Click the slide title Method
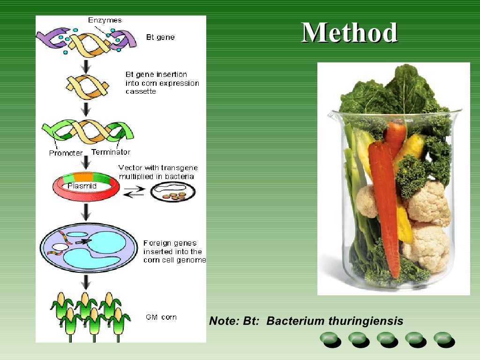click(x=349, y=33)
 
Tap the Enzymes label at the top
click(x=105, y=20)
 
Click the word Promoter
click(x=66, y=153)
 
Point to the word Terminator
click(x=111, y=152)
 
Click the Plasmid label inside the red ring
click(x=82, y=186)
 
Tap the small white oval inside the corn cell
click(x=59, y=247)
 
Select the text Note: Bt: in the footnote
click(x=234, y=322)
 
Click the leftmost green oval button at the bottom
click(x=330, y=339)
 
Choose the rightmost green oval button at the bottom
click(x=443, y=339)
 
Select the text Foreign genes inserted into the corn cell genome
click(x=174, y=252)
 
